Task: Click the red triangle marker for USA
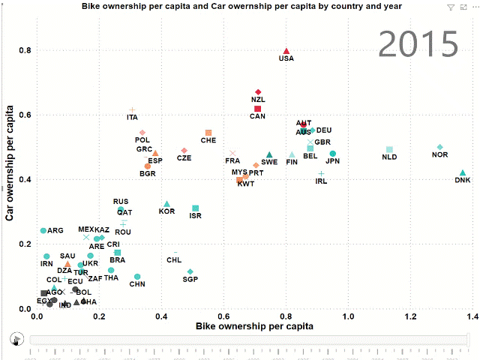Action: point(286,52)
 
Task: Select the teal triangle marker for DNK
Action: point(463,173)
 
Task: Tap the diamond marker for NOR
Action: point(440,147)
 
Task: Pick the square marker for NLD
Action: point(389,150)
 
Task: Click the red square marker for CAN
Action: point(258,109)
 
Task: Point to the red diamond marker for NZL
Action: point(258,91)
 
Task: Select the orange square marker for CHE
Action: point(208,133)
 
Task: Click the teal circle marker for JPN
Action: point(333,154)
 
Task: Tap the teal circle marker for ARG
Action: point(43,230)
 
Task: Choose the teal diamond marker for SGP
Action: point(190,271)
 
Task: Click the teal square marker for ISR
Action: point(196,208)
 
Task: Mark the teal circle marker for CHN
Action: point(137,277)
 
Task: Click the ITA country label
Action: point(133,117)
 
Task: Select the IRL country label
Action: point(321,181)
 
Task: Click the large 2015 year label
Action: point(418,45)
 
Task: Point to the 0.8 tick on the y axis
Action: point(25,51)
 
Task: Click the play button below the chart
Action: point(15,339)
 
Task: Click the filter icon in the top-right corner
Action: point(450,7)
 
